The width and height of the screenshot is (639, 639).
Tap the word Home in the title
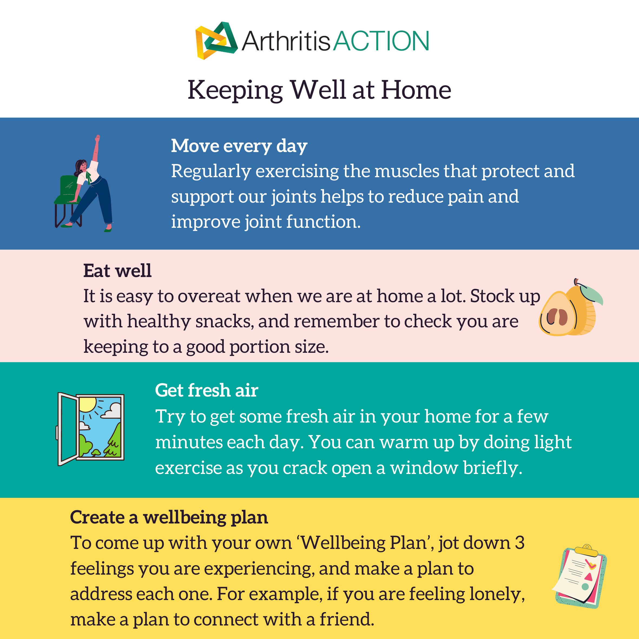click(x=416, y=90)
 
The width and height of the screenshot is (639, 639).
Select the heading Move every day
click(x=239, y=146)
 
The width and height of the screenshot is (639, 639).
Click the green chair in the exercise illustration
click(x=68, y=190)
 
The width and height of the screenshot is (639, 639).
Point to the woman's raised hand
click(x=97, y=138)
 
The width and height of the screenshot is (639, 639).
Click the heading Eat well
click(x=117, y=271)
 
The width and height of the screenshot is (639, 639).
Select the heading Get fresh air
click(x=206, y=390)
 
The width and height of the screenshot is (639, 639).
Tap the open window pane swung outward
click(x=67, y=429)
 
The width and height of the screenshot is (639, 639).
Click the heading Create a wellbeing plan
click(x=169, y=517)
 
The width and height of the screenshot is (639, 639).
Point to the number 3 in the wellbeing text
click(x=520, y=543)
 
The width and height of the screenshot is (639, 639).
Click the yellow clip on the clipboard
click(x=587, y=550)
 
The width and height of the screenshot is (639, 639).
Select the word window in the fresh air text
click(x=424, y=468)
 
